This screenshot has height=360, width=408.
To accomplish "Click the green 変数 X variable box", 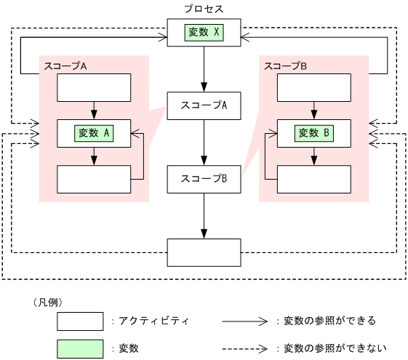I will tap(204, 33).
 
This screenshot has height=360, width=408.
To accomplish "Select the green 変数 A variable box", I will tap(94, 133).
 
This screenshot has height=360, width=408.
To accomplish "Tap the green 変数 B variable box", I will tap(314, 133).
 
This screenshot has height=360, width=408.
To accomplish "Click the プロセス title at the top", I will tap(204, 8).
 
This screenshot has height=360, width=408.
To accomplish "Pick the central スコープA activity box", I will tap(204, 105).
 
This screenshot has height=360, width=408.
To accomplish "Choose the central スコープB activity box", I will tap(204, 179).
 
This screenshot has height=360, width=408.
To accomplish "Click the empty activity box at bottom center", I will tap(204, 252).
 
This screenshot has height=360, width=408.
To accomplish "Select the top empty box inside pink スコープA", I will tap(94, 88).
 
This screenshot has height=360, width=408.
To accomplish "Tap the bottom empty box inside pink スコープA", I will tap(94, 179).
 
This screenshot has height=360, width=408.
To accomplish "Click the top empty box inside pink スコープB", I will tap(314, 88).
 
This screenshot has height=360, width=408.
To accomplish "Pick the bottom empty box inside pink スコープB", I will tap(314, 179).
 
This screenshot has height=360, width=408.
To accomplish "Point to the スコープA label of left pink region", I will tap(65, 65).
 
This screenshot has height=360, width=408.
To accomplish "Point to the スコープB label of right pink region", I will tap(286, 65).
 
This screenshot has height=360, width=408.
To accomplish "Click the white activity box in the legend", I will tap(80, 321).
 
